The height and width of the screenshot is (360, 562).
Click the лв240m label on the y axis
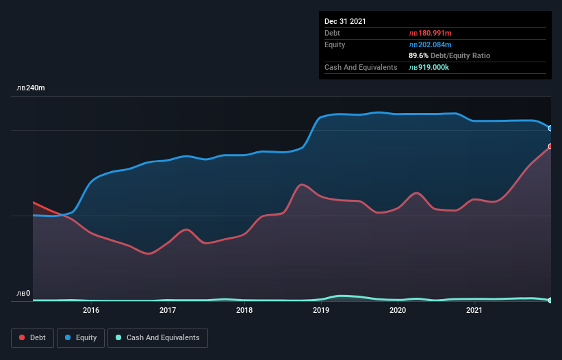click(31, 88)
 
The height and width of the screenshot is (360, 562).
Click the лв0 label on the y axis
click(23, 294)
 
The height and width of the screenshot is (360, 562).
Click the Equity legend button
click(81, 338)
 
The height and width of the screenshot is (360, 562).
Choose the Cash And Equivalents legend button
click(157, 338)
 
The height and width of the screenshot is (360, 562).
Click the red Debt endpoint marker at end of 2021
click(550, 146)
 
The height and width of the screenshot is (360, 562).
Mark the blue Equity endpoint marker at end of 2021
click(550, 128)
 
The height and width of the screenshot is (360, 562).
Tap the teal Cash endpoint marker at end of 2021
click(550, 300)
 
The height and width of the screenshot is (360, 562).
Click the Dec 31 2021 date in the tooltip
click(345, 21)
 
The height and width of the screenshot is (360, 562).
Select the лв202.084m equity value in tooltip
click(429, 44)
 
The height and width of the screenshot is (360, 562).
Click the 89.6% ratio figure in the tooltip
click(418, 55)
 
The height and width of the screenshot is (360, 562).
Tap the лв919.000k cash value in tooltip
click(429, 67)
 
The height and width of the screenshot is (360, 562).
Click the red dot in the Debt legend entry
click(23, 338)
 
